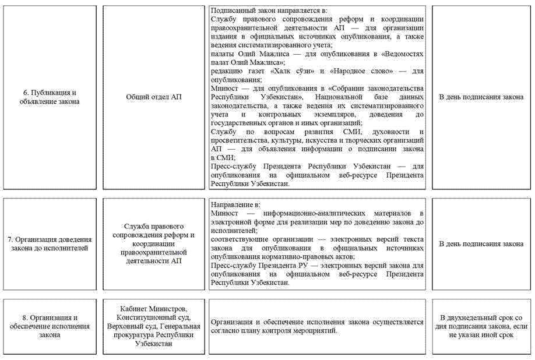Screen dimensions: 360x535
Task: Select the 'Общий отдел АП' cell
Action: (x=154, y=97)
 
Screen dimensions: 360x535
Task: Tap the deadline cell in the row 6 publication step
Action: (x=481, y=97)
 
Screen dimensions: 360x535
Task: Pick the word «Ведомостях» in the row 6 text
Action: (x=401, y=54)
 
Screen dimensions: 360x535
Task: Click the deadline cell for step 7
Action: (x=481, y=243)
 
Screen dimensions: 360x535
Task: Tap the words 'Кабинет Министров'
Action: (x=153, y=308)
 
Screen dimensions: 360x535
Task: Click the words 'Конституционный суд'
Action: (x=153, y=317)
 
